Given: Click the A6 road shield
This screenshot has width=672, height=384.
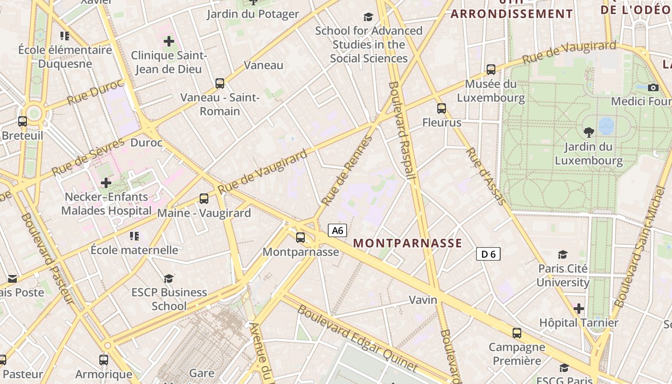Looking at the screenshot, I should coord(337,230).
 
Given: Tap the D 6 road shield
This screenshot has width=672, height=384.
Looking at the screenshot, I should coord(488,254).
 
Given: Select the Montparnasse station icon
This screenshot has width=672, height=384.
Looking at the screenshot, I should coord(300,237).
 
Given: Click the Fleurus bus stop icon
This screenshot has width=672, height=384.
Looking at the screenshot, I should coord(442,108).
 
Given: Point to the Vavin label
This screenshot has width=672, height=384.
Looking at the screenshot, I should coord(423,300).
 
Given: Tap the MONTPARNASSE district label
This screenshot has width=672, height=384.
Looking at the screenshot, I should coord(408,243).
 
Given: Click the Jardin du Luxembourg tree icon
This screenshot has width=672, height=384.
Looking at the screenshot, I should coord(588,132).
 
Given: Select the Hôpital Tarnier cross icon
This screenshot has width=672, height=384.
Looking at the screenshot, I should coord(579,308).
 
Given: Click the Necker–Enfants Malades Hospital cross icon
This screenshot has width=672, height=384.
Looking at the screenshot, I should coord(106,183).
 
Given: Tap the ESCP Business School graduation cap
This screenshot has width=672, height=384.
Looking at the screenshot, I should coord(168,278).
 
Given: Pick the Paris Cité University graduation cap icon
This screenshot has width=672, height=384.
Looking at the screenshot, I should coord(563,254).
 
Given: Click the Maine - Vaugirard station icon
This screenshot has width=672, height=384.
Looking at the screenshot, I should coord(204,198).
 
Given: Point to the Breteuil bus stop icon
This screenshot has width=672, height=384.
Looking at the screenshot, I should coord(23,121).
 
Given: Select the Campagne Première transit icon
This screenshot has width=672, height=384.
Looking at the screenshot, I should coord(517,333).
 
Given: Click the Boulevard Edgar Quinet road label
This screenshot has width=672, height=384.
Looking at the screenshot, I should coord(357,338).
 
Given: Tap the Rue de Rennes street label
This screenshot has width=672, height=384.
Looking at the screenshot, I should coord(347,171).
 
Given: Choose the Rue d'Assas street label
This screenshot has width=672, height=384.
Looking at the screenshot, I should coord(486,176).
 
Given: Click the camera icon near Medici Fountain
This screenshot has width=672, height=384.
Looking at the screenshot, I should coord(653,87).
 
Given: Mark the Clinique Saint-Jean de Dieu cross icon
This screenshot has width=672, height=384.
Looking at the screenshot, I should coord(169,41).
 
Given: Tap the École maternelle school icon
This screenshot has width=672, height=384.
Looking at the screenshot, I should coord(134,236).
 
